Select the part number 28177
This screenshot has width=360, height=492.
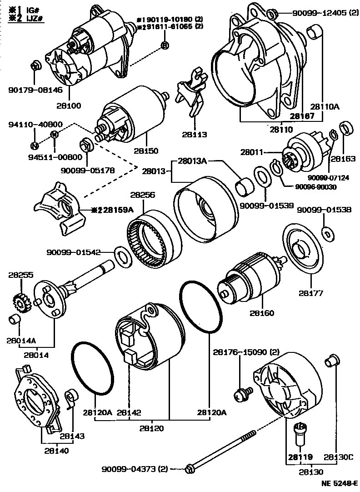pos(311,293)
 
